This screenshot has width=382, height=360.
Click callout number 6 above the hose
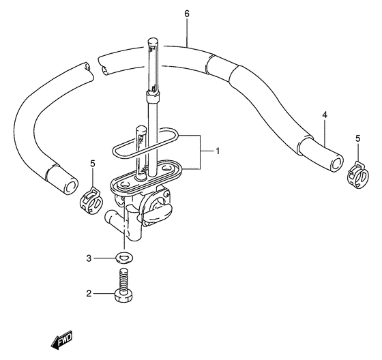[187, 14]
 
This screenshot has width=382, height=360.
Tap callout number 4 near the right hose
[325, 115]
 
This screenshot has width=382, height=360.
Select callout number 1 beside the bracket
[218, 151]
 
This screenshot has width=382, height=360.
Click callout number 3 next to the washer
[89, 258]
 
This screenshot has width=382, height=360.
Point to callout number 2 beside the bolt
[89, 293]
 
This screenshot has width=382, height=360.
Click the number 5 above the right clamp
[357, 138]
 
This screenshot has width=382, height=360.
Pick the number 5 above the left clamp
[93, 164]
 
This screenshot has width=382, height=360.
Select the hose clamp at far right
[357, 175]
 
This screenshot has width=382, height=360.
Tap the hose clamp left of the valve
[91, 200]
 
